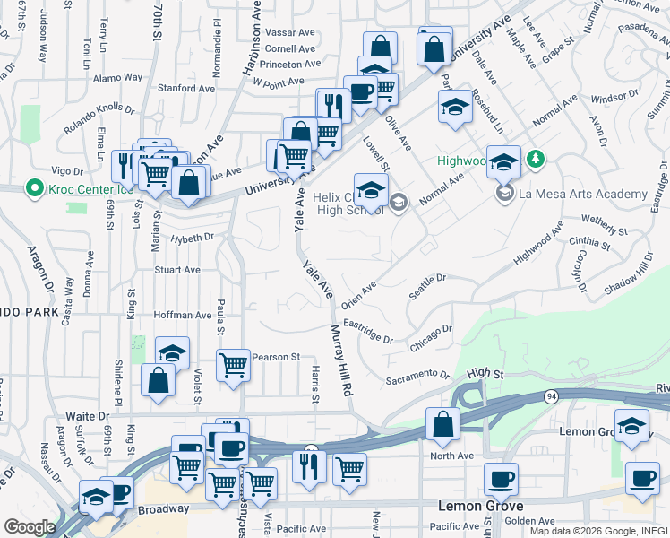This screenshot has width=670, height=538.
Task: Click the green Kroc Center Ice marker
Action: (34, 189)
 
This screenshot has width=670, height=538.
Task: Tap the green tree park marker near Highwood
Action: (536, 160)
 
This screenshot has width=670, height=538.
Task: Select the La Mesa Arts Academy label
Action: (584, 195)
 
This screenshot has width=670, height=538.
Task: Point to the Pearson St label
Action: (275, 357)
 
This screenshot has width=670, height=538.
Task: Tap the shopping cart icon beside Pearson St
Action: (233, 365)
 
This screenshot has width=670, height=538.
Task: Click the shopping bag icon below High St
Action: (442, 424)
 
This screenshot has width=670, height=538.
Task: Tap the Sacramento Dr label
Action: (417, 377)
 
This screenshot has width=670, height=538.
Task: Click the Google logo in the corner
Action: (29, 527)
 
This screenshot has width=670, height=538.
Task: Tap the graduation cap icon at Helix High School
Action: (370, 189)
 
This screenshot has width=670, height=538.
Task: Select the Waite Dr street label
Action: (88, 416)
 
